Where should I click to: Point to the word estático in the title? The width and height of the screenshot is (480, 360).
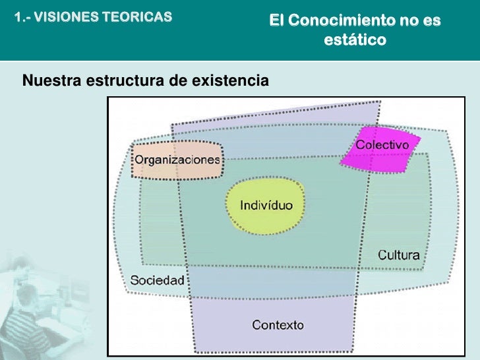tap(354, 40)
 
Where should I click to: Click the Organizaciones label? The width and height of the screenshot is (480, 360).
tap(177, 160)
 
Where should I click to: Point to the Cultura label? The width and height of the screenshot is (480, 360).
tap(398, 255)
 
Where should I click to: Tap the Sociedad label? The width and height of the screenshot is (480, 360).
tap(157, 280)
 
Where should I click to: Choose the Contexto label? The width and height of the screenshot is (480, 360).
tap(278, 324)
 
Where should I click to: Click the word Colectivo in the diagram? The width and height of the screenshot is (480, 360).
tap(382, 145)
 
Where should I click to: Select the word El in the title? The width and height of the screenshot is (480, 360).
tap(276, 21)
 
